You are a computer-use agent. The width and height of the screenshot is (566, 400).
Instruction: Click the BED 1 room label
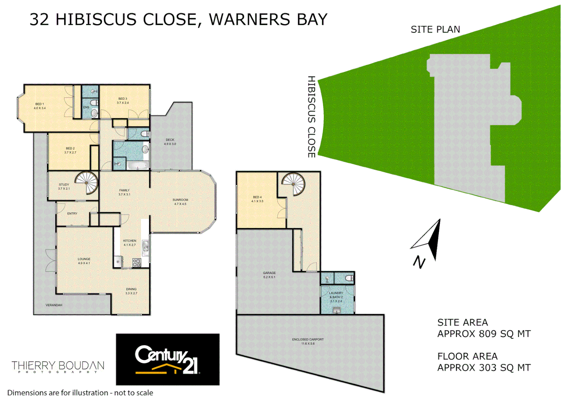pos(40,106)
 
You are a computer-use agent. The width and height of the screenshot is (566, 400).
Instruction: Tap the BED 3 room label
pos(123,101)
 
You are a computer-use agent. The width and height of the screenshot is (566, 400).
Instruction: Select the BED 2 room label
pos(70,150)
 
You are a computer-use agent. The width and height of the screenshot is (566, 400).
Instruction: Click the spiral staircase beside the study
pos(87,183)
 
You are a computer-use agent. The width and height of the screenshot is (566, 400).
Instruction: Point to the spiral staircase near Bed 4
pos(293,184)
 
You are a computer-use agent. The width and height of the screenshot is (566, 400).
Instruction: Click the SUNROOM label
pos(180,202)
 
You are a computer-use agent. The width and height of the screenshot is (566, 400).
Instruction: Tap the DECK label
pos(170,142)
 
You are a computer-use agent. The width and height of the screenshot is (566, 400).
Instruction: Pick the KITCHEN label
pos(130,243)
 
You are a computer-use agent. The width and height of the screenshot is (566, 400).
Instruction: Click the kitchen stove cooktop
pos(136,263)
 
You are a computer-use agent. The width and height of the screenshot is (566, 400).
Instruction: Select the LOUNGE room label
pos(84,261)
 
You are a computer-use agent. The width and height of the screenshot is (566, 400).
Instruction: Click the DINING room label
pos(131,291)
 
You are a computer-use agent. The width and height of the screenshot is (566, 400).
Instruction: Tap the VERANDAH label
pos(54,305)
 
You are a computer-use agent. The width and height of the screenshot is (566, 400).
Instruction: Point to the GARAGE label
pos(269,275)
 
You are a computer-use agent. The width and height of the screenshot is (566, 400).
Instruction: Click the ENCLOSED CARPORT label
pos(307,341)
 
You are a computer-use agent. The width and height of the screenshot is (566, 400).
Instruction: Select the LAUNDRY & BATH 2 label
pos(336,297)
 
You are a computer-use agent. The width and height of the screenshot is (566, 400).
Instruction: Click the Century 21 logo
pos(168,360)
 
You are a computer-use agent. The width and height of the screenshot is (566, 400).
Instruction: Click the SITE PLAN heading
pos(435,30)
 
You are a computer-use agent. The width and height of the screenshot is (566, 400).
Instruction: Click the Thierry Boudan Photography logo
pos(58,367)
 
